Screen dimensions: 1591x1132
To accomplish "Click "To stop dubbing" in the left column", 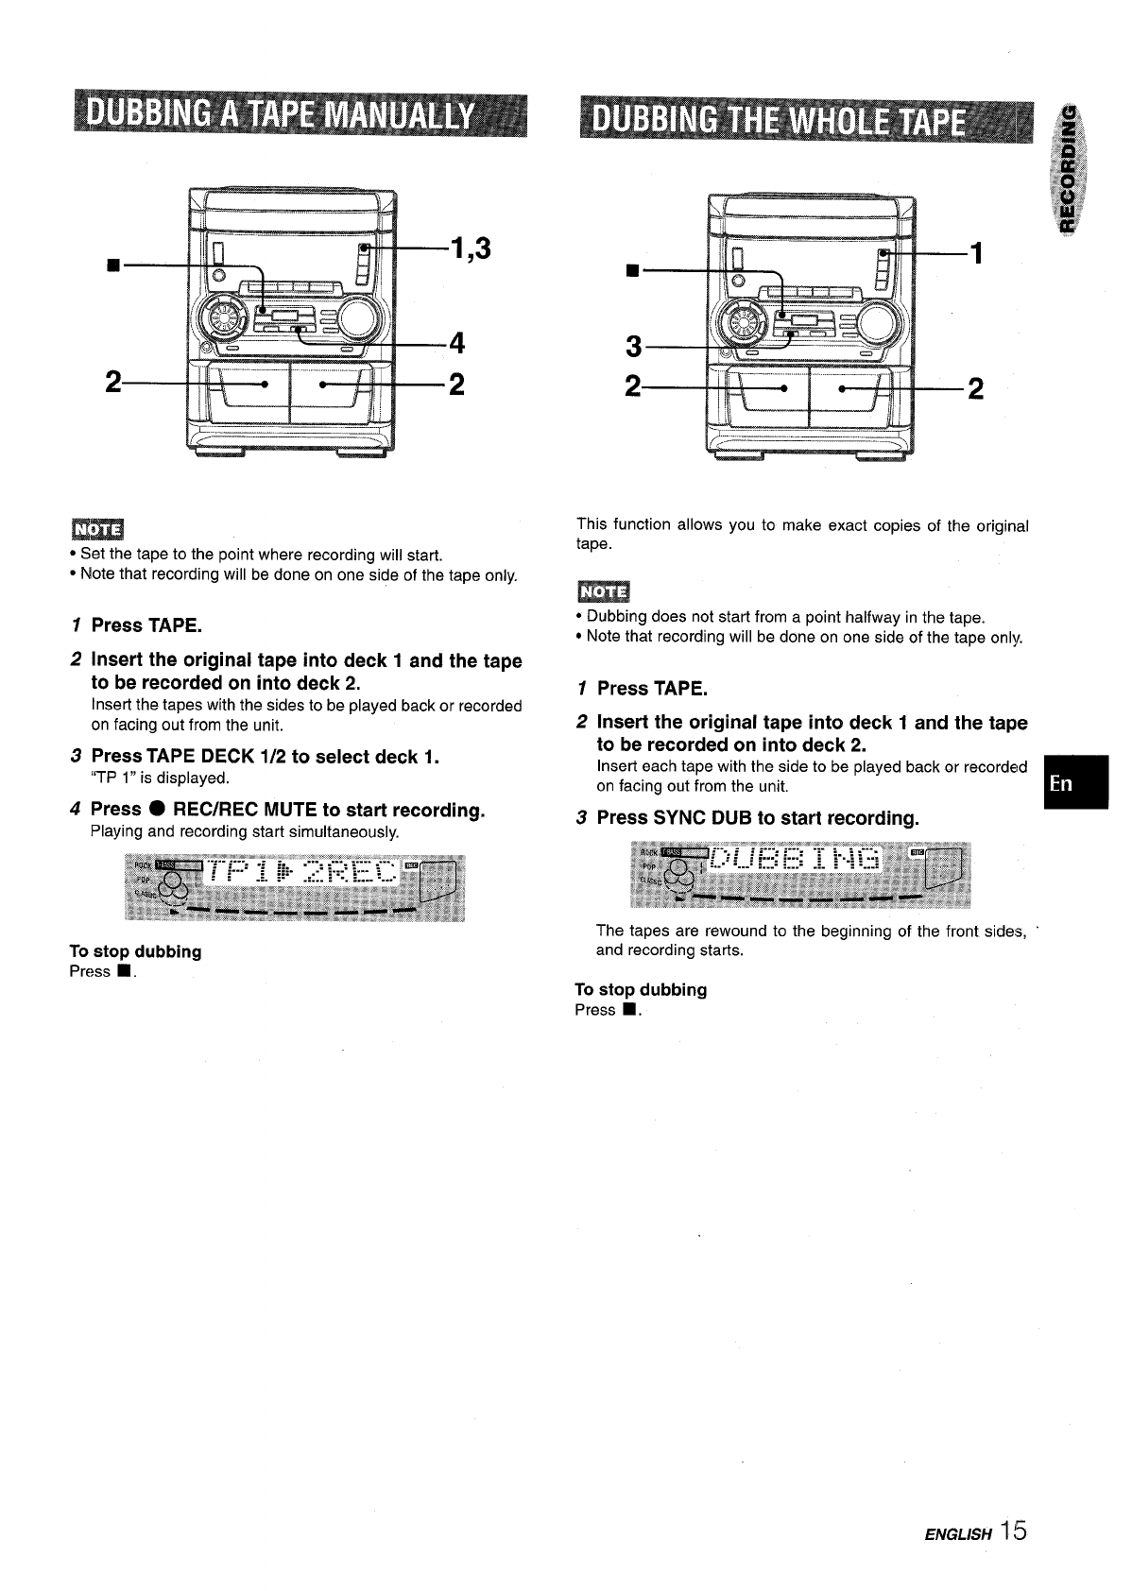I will [135, 951].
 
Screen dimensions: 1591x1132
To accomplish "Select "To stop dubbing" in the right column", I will [641, 989].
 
